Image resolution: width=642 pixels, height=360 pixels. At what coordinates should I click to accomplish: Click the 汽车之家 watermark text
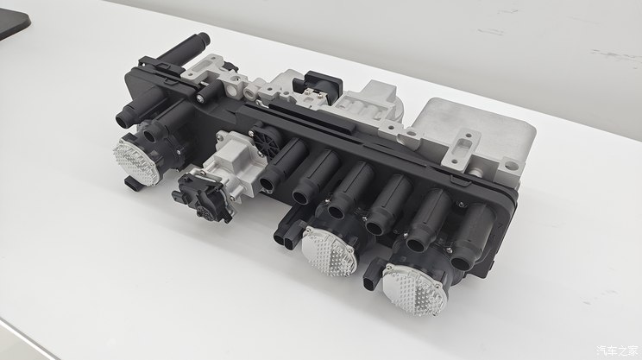click(x=618, y=351)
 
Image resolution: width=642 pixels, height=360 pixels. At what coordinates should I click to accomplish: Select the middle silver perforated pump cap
click(x=329, y=251)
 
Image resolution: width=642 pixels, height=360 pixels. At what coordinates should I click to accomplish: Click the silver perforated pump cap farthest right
click(x=414, y=290)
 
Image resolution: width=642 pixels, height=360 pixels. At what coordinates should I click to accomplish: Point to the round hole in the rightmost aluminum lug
click(x=511, y=166)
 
